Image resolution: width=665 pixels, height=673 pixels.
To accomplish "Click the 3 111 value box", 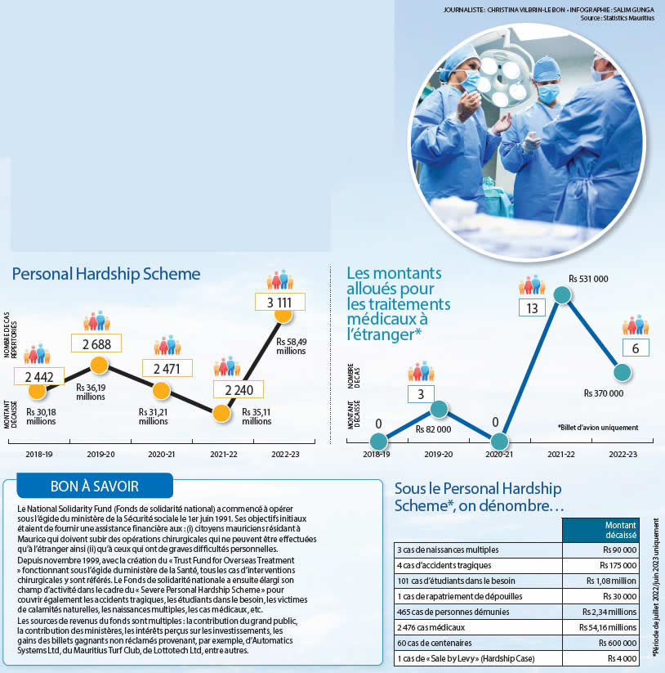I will (280, 303).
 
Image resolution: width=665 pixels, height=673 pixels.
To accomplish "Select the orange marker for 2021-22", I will (221, 413).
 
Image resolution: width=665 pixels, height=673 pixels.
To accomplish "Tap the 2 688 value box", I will (96, 343).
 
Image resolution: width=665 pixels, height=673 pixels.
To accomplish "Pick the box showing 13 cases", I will (532, 307).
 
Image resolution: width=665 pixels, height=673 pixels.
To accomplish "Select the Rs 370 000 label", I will (605, 393).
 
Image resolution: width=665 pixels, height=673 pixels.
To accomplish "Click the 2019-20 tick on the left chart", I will (97, 452).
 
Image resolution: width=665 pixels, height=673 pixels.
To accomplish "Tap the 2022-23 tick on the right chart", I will (623, 452).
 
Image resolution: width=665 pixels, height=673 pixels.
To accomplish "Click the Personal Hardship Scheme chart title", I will (106, 275).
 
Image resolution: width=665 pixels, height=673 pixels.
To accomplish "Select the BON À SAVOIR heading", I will (95, 486).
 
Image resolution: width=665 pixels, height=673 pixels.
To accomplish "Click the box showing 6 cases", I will (635, 348).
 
